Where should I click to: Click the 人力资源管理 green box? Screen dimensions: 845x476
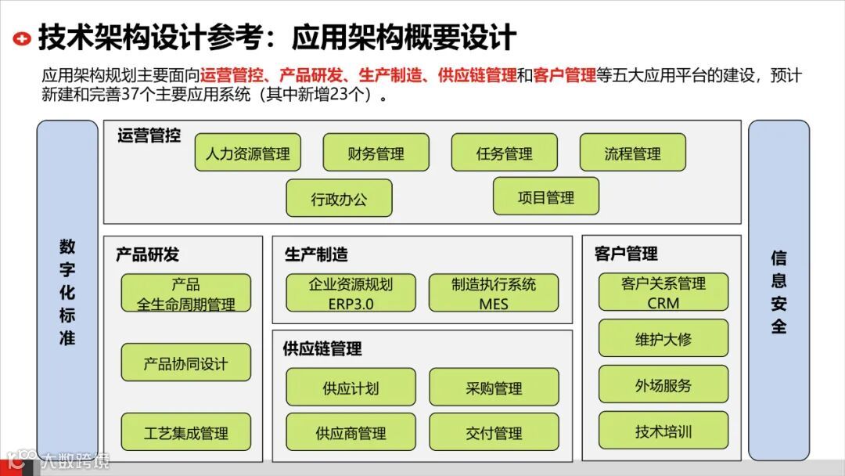[x=247, y=153]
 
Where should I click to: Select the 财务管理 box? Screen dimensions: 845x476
[x=376, y=153]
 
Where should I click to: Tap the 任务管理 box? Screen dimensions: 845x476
[x=504, y=153]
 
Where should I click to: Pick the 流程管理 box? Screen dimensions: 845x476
[x=632, y=153]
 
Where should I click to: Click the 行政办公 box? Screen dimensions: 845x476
[x=339, y=198]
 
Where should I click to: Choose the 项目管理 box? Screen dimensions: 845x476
[x=545, y=197]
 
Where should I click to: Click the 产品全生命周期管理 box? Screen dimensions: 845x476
[x=185, y=293]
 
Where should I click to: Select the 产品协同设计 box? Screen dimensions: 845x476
[x=185, y=362]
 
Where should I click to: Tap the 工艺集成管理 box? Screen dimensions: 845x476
[x=185, y=432]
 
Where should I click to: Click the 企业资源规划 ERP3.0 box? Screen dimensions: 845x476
[x=350, y=293]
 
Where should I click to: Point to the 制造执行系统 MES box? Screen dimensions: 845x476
[x=494, y=293]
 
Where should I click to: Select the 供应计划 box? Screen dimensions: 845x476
[x=350, y=388]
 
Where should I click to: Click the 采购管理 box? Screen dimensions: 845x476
[x=494, y=388]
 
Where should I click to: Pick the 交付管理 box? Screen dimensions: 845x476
[x=494, y=432]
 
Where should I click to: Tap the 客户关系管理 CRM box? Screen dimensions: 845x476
[x=663, y=292]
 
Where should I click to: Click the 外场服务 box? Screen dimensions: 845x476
[x=663, y=384]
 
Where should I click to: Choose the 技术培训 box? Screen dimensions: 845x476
[x=663, y=431]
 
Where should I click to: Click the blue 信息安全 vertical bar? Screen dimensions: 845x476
[x=778, y=290]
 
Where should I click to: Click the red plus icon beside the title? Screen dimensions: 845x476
[x=23, y=38]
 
